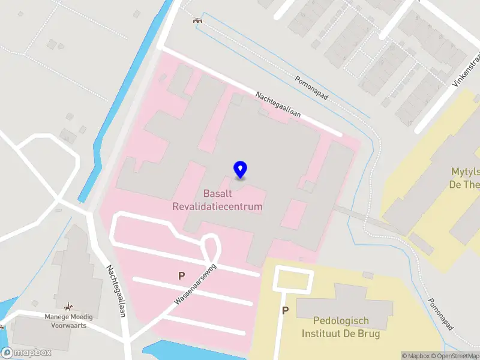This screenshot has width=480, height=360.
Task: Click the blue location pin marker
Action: click(x=240, y=170)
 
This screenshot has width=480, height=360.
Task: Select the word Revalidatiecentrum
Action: click(x=217, y=206)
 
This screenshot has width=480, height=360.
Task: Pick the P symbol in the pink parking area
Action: click(x=181, y=276)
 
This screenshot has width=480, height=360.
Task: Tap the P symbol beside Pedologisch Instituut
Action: click(x=286, y=311)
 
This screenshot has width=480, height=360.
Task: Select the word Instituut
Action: click(x=322, y=334)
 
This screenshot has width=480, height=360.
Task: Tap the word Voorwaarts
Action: click(x=66, y=325)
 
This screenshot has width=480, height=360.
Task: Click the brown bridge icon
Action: click(x=197, y=21)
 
